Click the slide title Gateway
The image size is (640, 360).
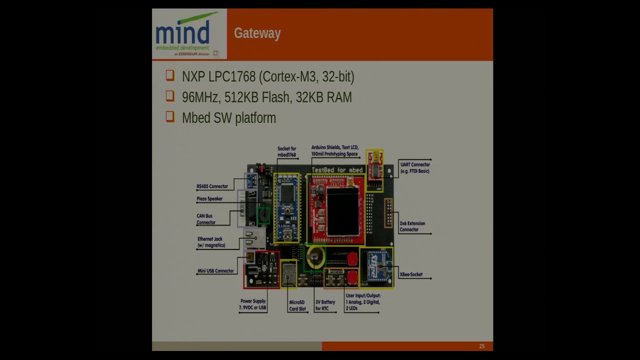257,33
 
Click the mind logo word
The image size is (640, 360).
182,33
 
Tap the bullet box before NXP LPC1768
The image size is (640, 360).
170,75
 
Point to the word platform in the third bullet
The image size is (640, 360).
255,118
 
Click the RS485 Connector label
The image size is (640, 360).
212,186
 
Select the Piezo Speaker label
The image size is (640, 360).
209,199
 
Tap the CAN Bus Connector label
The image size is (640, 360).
205,219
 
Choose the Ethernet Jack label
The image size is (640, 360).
210,242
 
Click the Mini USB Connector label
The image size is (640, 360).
215,271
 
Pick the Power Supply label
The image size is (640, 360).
253,304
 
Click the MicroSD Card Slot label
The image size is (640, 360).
297,305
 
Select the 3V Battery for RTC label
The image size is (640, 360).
325,305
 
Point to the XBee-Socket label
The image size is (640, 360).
411,274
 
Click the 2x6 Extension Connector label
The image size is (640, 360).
412,226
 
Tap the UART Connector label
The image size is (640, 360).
414,168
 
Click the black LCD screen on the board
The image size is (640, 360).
342,211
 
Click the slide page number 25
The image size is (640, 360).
481,346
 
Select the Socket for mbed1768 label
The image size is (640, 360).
286,151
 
